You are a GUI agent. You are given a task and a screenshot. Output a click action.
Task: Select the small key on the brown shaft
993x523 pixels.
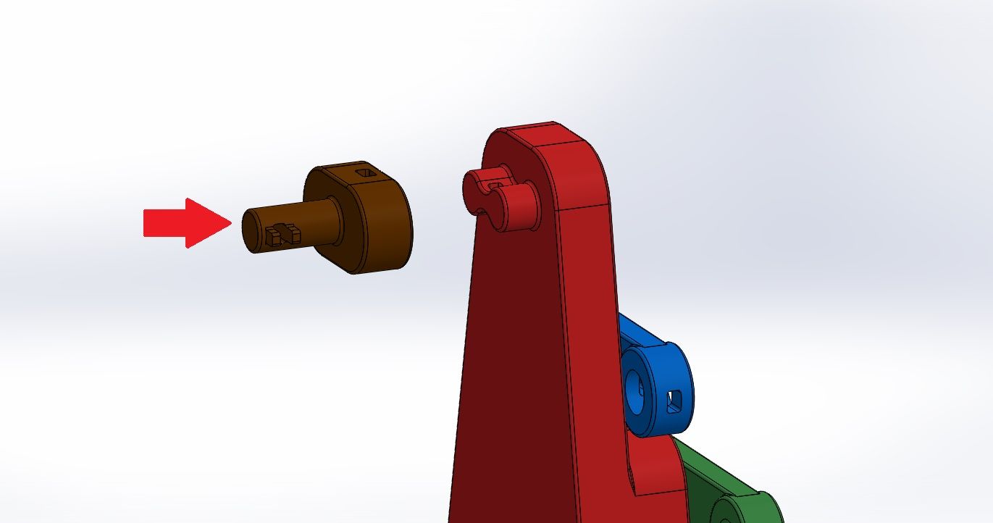pyautogui.click(x=282, y=233)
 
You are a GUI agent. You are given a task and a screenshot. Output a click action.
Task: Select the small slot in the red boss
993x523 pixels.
pyautogui.click(x=496, y=186)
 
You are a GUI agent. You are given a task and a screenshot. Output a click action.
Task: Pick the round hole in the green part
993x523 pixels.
pyautogui.click(x=724, y=514)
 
